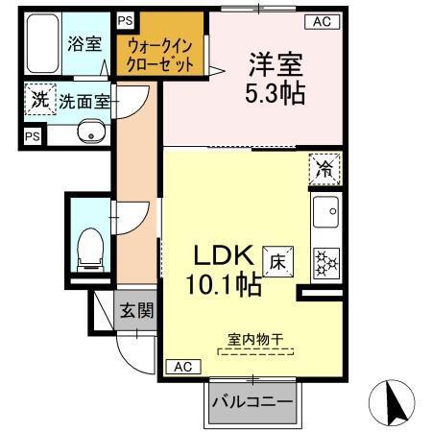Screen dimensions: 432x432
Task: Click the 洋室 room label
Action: point(276,67)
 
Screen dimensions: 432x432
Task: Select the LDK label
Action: point(225,257)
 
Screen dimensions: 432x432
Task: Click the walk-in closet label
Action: point(161,56)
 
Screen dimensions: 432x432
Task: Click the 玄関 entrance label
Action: point(135,310)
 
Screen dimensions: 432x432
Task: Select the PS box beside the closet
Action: point(125,20)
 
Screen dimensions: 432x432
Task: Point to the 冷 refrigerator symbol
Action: point(324,169)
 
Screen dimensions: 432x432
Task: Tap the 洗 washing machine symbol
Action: point(39,99)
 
